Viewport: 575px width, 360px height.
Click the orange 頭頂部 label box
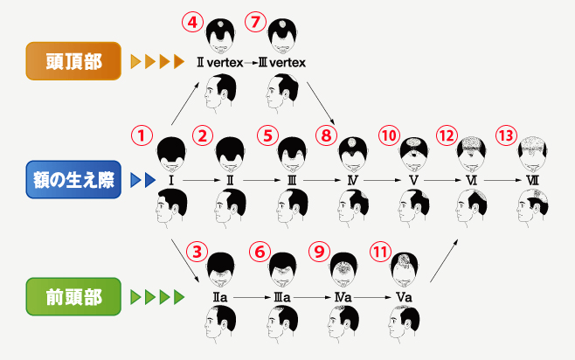pyautogui.click(x=73, y=61)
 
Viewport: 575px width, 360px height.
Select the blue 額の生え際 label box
pyautogui.click(x=73, y=180)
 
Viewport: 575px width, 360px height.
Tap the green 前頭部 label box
pyautogui.click(x=73, y=296)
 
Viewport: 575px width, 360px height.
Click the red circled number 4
pyautogui.click(x=192, y=22)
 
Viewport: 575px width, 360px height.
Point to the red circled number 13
pyautogui.click(x=507, y=135)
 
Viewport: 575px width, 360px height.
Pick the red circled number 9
pyautogui.click(x=320, y=252)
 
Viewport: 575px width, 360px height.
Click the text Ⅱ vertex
pyautogui.click(x=220, y=63)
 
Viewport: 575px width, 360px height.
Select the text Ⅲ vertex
pyautogui.click(x=282, y=63)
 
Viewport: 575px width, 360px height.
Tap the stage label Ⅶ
pyautogui.click(x=532, y=180)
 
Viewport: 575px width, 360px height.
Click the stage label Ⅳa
pyautogui.click(x=343, y=297)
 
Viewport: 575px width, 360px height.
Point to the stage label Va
pyautogui.click(x=404, y=297)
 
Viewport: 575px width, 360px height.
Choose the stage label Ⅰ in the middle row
pyautogui.click(x=171, y=180)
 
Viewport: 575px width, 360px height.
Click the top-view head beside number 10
pyautogui.click(x=413, y=154)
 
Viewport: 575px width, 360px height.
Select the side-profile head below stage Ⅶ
pyautogui.click(x=532, y=206)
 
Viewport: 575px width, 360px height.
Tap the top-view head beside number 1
pyautogui.click(x=171, y=154)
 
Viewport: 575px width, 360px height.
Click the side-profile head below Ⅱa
pyautogui.click(x=220, y=323)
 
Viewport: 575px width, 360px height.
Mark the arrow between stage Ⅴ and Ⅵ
pyautogui.click(x=442, y=180)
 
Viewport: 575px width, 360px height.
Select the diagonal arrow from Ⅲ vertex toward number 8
pyautogui.click(x=321, y=103)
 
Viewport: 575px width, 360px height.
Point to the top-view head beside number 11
pyautogui.click(x=404, y=270)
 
